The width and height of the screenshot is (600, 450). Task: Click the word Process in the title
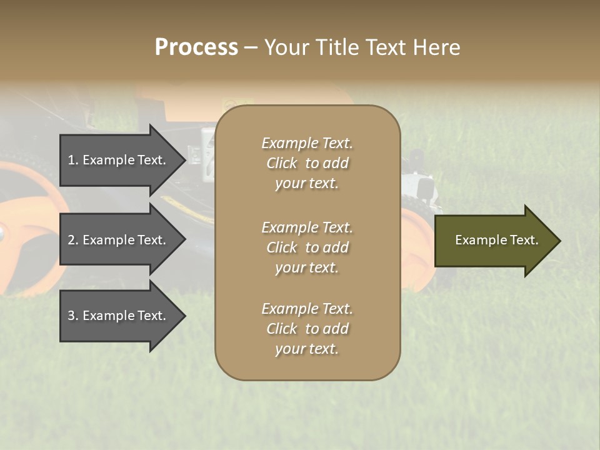point(196,47)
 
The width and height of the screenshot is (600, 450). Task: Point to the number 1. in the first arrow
point(73,160)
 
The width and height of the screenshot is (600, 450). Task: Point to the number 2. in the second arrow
point(73,240)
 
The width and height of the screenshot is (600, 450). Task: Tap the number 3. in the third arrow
point(73,316)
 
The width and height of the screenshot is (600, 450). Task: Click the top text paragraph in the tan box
point(307,163)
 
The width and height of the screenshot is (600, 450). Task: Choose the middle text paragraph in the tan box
point(307,247)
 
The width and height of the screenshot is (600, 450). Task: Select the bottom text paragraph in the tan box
point(307,329)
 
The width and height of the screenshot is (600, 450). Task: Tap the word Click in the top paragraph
point(282,163)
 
